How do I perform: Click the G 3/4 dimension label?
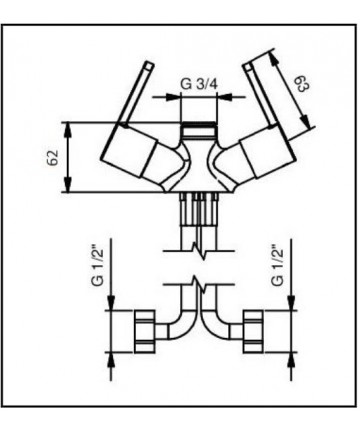[199, 83]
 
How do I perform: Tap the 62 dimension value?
[53, 157]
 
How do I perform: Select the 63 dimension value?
[303, 84]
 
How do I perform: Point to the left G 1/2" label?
[97, 266]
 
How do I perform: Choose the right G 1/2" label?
[277, 266]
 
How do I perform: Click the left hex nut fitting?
[144, 331]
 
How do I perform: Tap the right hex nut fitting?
[253, 331]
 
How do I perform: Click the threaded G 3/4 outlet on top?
[199, 131]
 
